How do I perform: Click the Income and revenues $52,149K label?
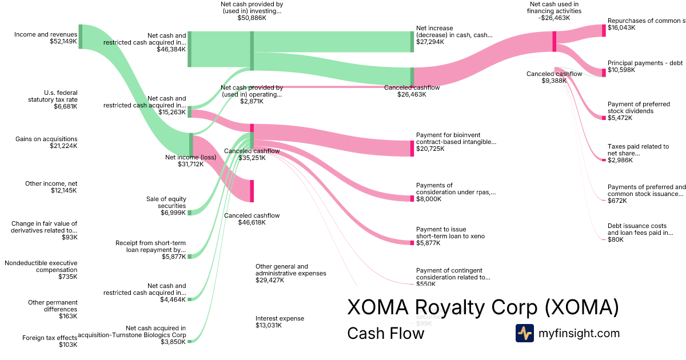pyautogui.click(x=46, y=38)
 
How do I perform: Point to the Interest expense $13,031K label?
pyautogui.click(x=280, y=322)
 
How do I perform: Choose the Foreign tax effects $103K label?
pyautogui.click(x=50, y=341)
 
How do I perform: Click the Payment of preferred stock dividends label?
pyautogui.click(x=639, y=111)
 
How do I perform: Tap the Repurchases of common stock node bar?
pyautogui.click(x=603, y=30)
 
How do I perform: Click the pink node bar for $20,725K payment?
pyautogui.click(x=412, y=148)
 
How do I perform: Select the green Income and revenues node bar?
pyautogui.click(x=81, y=37)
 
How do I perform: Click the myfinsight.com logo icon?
pyautogui.click(x=524, y=333)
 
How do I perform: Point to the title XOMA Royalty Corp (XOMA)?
pyautogui.click(x=483, y=307)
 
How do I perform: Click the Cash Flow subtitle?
pyautogui.click(x=385, y=333)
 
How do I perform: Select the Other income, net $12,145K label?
pyautogui.click(x=51, y=187)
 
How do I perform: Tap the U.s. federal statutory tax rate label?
pyautogui.click(x=60, y=99)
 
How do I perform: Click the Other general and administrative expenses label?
pyautogui.click(x=290, y=273)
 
